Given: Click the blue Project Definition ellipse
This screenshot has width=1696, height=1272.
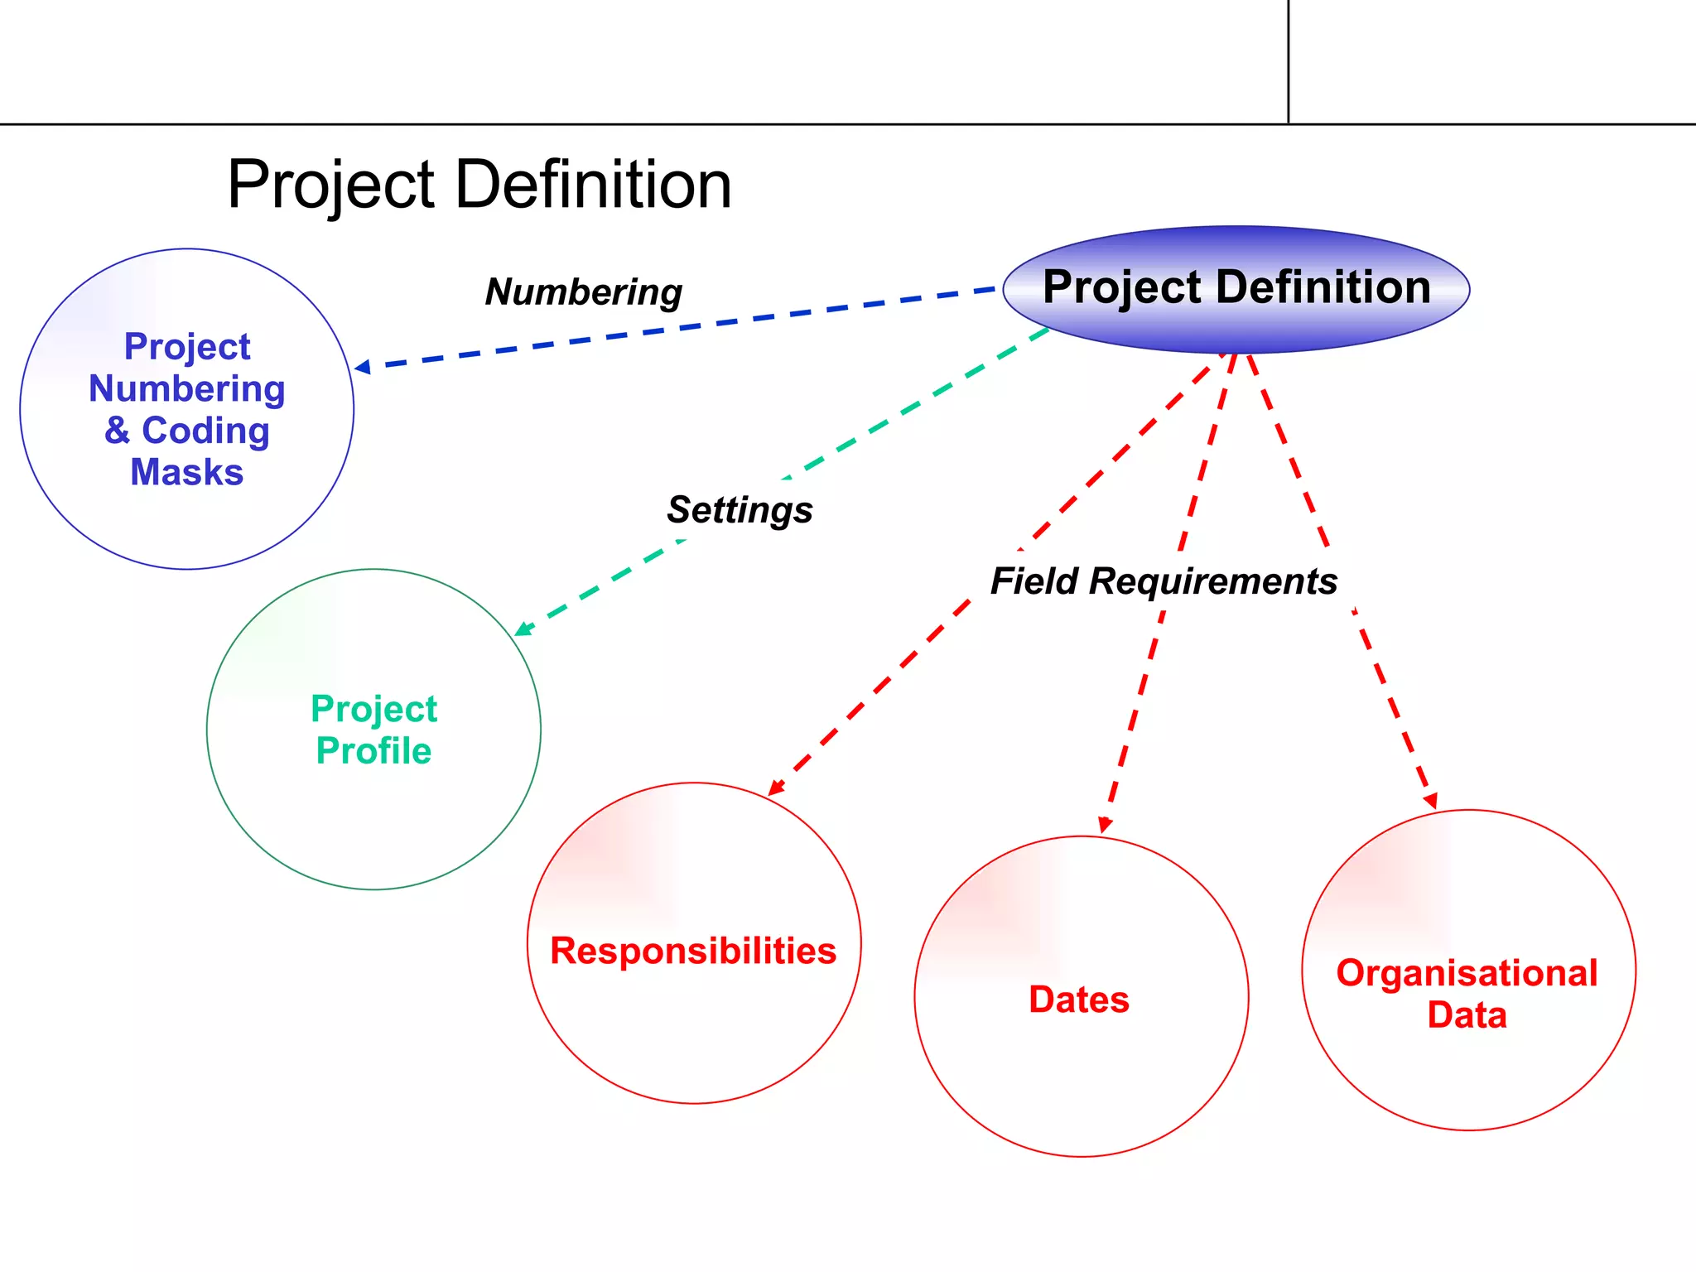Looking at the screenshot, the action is (x=1236, y=289).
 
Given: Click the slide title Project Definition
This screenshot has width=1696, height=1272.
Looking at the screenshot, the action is (x=479, y=184).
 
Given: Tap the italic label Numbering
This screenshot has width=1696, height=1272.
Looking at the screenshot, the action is (x=584, y=292).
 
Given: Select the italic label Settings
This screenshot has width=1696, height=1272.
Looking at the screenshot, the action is (x=740, y=509).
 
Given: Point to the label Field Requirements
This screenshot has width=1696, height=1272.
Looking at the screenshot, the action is (x=1164, y=581).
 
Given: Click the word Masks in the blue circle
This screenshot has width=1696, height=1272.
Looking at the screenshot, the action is (x=187, y=473).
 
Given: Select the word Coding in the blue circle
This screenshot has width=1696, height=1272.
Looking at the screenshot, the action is (x=205, y=431).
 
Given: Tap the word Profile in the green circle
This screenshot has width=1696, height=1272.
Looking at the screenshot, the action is (x=373, y=751).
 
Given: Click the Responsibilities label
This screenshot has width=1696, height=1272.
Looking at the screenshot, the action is (x=693, y=951).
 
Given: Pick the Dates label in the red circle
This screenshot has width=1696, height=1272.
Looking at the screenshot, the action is (x=1079, y=1000).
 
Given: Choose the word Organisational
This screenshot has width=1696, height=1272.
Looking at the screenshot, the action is (x=1467, y=973).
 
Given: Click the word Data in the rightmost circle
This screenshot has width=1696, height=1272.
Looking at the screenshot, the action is (x=1467, y=1015).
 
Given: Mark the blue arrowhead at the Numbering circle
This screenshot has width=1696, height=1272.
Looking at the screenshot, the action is (x=362, y=367).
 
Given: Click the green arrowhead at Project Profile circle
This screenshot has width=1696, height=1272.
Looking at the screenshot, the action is (x=523, y=629).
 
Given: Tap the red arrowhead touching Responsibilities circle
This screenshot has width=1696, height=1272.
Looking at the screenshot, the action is (x=776, y=787).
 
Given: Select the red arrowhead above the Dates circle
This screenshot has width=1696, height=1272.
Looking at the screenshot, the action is (x=1105, y=825).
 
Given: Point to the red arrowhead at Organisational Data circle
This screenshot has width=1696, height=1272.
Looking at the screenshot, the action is (x=1430, y=800).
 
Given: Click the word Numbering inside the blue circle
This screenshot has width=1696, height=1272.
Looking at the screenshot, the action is (x=187, y=388).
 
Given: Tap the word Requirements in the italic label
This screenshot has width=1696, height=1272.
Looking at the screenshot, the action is (x=1213, y=581).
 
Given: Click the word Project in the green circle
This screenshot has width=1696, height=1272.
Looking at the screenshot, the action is (x=373, y=709).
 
